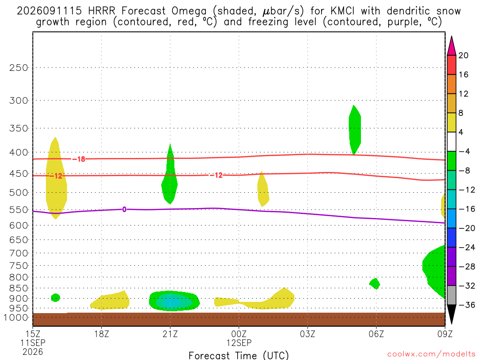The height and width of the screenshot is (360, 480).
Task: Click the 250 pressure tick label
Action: coord(18,67)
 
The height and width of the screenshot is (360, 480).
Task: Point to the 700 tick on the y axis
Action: coord(18,253)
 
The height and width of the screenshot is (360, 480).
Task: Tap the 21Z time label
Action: coord(170,334)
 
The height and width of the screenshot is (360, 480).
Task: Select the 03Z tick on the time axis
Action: coord(307,334)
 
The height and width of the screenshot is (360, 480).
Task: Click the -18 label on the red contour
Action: coord(79,159)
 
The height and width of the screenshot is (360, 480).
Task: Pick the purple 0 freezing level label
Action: coord(124,210)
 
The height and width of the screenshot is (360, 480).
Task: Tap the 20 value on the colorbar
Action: coord(463,55)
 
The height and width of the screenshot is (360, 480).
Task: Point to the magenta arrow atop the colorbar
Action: coord(451,46)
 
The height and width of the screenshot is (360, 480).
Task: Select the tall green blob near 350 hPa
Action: coord(355,130)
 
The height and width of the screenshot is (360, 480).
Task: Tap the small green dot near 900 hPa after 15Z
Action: coord(55,298)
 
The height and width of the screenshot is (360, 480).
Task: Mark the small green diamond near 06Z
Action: coord(375,284)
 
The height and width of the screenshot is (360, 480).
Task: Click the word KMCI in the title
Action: coord(342,11)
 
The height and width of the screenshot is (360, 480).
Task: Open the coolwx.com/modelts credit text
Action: coord(431,354)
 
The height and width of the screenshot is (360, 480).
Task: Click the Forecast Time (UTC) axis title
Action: coord(239,355)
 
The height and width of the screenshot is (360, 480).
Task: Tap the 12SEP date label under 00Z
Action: coord(239,343)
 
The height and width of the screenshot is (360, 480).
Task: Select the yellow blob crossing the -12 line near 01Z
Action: coord(263,189)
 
